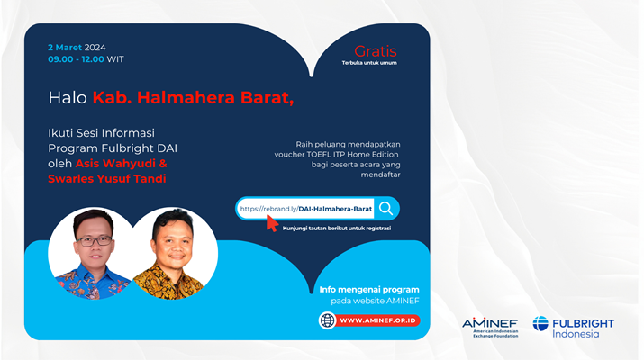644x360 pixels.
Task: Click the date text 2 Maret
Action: tap(65, 48)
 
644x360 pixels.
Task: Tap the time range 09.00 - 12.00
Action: tap(76, 59)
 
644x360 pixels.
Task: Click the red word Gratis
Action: tap(376, 51)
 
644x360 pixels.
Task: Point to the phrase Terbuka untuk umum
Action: tap(369, 63)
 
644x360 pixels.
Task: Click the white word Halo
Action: tap(68, 98)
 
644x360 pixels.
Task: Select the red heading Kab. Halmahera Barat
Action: tap(193, 98)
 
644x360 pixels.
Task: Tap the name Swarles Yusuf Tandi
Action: tap(107, 178)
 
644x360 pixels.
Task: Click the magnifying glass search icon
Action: tap(386, 209)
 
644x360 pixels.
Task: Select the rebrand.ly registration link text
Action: tap(306, 209)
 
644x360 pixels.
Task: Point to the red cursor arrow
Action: tap(272, 223)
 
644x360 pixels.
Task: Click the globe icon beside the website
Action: tap(327, 320)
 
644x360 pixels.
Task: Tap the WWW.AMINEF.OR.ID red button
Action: tap(378, 320)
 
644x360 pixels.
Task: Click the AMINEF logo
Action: tap(490, 328)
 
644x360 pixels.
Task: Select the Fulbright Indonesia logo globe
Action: tap(540, 323)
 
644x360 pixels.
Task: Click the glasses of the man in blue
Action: tap(94, 241)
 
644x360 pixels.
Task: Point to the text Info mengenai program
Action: tap(369, 290)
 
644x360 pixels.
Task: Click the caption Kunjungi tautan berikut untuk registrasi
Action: tap(337, 229)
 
